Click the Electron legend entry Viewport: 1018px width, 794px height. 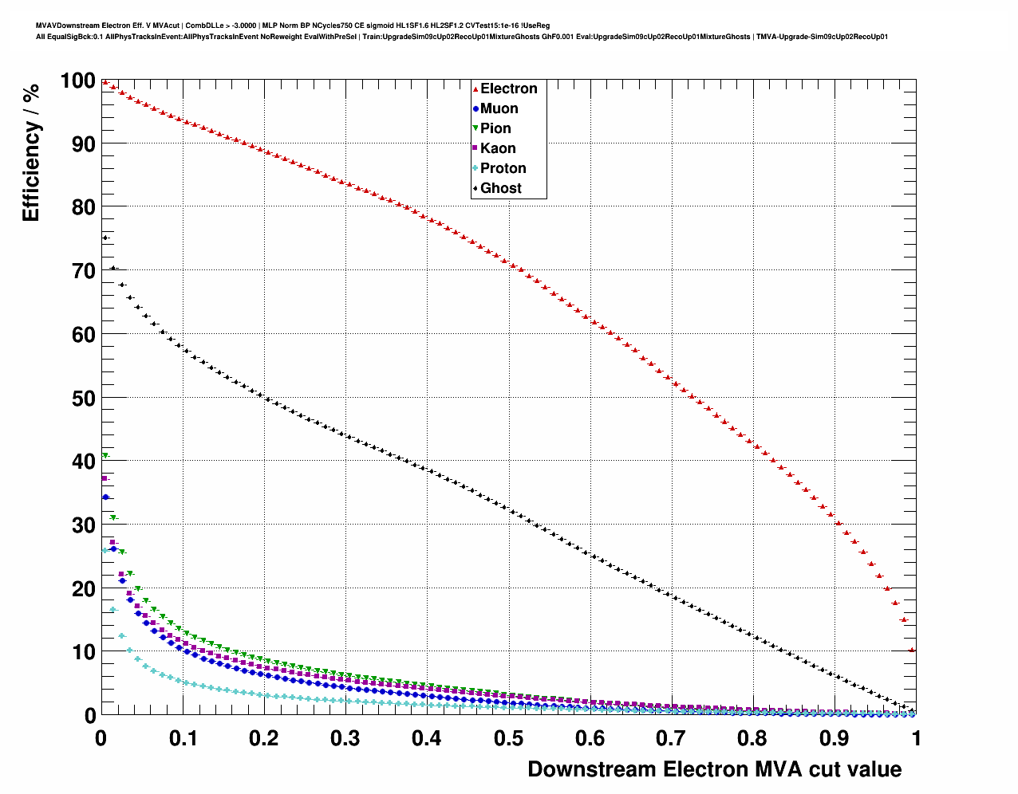(x=507, y=88)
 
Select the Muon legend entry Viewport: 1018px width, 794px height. (x=499, y=108)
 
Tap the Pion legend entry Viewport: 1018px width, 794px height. (x=495, y=128)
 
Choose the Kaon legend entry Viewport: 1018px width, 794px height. (x=497, y=148)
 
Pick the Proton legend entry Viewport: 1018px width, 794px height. (x=503, y=168)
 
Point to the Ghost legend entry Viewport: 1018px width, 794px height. (x=500, y=188)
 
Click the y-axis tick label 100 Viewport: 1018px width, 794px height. (x=77, y=81)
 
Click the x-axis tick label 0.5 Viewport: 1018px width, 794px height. (x=508, y=738)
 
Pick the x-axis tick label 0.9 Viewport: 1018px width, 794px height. (x=835, y=738)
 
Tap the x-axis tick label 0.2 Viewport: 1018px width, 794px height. (x=264, y=738)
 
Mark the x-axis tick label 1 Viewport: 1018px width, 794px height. (x=916, y=738)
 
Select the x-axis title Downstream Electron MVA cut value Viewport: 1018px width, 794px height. (x=714, y=769)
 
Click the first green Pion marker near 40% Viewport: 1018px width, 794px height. (x=105, y=456)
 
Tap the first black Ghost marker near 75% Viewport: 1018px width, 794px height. (x=105, y=238)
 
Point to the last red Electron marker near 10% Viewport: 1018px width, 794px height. (x=912, y=650)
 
